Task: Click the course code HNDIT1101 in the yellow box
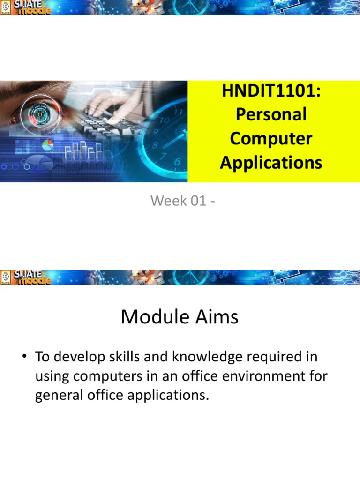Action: click(271, 90)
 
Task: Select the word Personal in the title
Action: click(271, 114)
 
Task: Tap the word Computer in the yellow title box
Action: click(271, 138)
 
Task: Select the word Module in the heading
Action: click(151, 317)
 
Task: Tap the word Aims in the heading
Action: click(216, 317)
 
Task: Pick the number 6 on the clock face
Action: click(177, 162)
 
